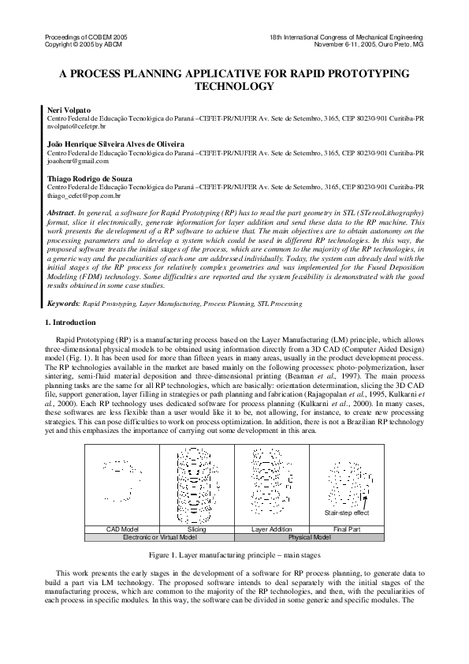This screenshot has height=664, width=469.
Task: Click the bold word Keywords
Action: [63, 303]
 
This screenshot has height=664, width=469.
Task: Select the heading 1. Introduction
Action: [74, 323]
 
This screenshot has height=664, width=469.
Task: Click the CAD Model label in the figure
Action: [121, 528]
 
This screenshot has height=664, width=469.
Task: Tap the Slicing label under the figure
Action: [197, 528]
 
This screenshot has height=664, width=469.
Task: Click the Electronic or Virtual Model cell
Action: [159, 536]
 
